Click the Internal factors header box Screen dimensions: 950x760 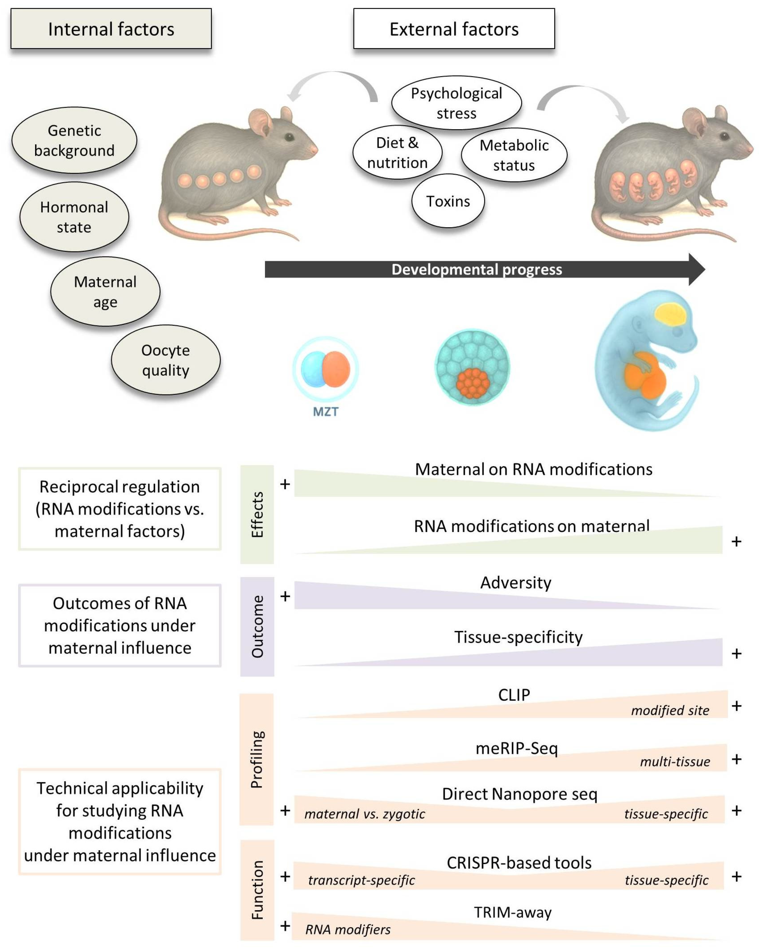coord(111,29)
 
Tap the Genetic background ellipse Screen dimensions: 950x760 coord(74,140)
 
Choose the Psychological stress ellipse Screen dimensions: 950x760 coord(456,103)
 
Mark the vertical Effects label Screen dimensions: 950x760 coord(257,514)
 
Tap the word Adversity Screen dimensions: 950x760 coord(515,582)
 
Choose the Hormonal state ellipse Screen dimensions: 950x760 coord(74,217)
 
